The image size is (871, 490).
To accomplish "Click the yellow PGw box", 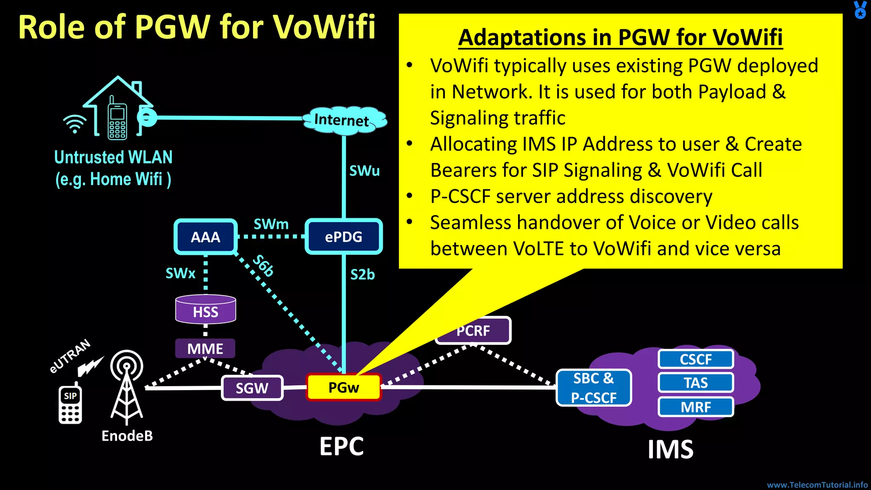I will coord(344,387).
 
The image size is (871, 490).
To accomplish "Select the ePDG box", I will coord(344,236).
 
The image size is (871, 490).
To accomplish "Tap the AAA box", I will coord(205,237).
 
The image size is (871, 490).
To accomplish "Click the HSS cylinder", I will coord(205,310).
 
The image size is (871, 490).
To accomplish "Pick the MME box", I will coord(205,349).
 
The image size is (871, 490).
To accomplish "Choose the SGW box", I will coord(252,388).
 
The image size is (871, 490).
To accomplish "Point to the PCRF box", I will coord(473,331).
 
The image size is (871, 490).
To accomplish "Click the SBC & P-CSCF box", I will coord(594,387).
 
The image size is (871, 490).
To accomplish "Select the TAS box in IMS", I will coord(696,383).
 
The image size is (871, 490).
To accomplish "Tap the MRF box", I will coord(696,407).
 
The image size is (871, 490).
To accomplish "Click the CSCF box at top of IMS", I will coord(696,359).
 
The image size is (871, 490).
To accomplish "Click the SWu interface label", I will coord(364,171).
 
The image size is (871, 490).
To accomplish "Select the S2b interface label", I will coord(362,275).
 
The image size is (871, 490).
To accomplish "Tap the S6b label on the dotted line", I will coord(263,266).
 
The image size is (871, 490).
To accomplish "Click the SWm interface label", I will coord(271,224).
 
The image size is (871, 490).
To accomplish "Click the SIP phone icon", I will coord(70,404).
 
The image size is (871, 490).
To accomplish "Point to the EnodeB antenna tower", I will coord(127,387).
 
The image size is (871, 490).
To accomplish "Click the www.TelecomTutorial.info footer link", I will coord(817,485).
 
